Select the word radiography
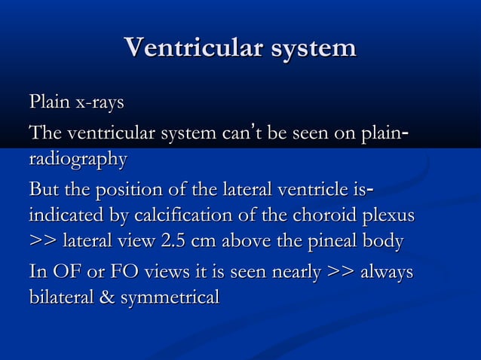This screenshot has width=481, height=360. (x=78, y=160)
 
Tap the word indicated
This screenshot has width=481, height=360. (x=66, y=215)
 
